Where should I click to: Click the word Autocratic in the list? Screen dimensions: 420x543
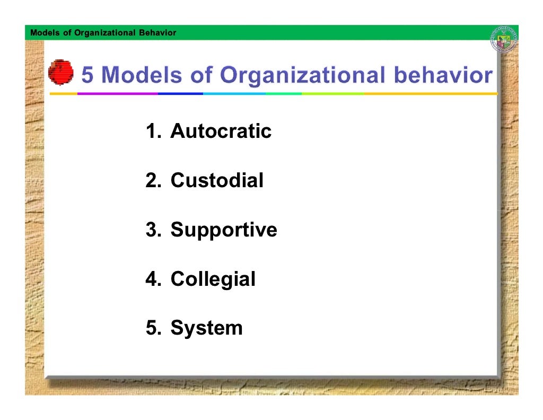click(x=221, y=132)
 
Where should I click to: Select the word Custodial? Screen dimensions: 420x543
click(x=216, y=181)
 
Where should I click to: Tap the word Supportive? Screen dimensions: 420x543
click(x=223, y=230)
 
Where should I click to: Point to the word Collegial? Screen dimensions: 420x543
click(x=213, y=279)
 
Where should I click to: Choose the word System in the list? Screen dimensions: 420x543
click(x=206, y=328)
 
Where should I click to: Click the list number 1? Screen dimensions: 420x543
click(x=153, y=132)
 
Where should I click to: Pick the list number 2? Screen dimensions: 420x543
click(x=153, y=181)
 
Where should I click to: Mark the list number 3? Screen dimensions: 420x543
click(x=153, y=230)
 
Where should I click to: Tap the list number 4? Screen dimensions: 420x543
click(x=153, y=279)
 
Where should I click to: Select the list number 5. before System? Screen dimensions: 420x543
click(x=153, y=328)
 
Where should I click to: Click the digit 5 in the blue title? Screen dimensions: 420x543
click(x=87, y=76)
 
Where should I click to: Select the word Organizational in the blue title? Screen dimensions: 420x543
click(x=301, y=76)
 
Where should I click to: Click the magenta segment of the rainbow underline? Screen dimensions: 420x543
click(x=118, y=93)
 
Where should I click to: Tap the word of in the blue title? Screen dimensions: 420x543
click(x=202, y=76)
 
